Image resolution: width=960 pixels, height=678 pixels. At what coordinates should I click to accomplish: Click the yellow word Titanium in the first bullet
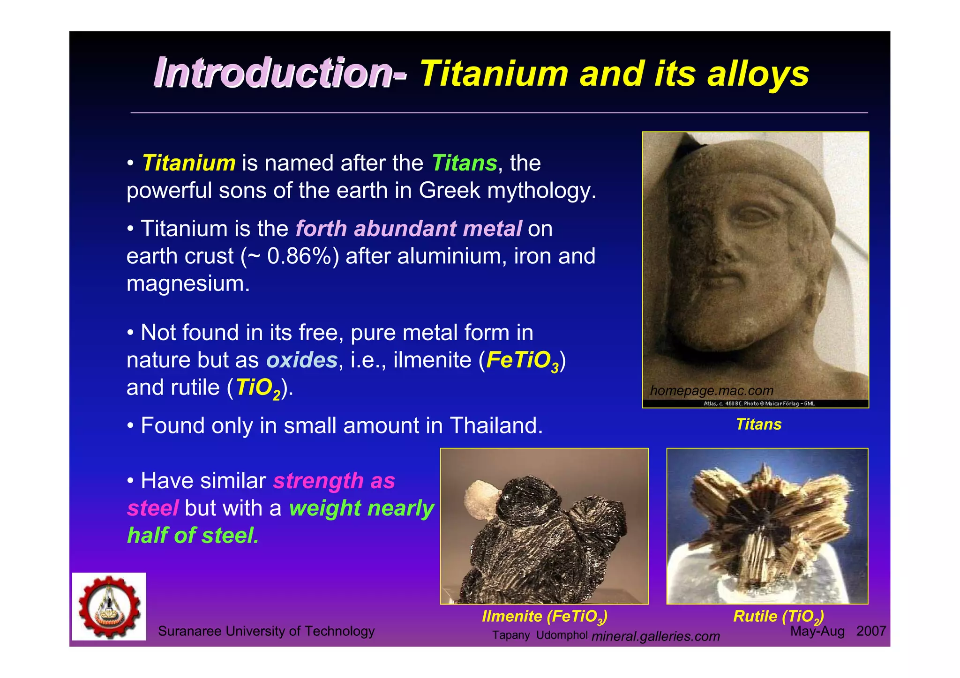pos(188,163)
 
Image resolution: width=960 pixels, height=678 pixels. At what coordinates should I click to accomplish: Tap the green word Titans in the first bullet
pos(464,163)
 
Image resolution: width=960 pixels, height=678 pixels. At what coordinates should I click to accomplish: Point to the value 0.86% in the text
pos(300,256)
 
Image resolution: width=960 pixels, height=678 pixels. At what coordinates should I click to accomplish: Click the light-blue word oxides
pos(302,360)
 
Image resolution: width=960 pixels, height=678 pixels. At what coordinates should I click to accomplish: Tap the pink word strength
pos(318,481)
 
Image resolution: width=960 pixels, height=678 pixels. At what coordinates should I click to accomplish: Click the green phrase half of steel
pos(193,535)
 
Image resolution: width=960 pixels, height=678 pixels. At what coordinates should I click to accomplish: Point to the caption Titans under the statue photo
pos(758,424)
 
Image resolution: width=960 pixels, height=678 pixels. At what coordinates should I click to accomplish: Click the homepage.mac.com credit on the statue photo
pos(711,390)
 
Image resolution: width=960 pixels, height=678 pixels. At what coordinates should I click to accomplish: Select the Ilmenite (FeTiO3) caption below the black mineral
pos(544,616)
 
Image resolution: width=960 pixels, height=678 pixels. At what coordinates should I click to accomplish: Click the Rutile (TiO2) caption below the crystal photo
pos(778,616)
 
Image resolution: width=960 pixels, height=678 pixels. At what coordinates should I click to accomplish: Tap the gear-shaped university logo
pos(109,606)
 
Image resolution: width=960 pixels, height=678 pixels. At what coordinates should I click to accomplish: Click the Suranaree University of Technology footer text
pos(266,631)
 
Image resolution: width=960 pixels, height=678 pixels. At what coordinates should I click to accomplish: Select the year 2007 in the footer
pos(870,631)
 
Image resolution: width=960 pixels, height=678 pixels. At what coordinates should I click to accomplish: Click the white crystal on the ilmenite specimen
pos(480,499)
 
